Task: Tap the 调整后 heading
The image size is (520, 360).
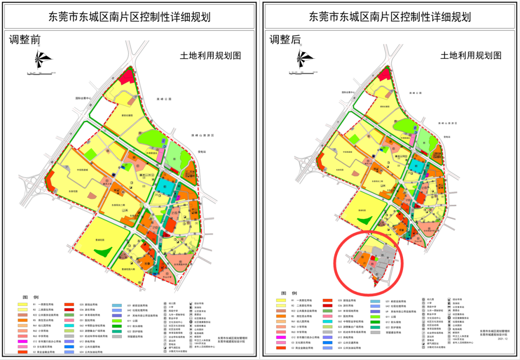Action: (x=285, y=40)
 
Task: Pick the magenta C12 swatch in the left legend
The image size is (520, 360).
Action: (x=23, y=341)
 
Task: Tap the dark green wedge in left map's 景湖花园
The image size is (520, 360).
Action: (x=103, y=252)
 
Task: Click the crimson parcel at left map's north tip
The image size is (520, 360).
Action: (x=126, y=77)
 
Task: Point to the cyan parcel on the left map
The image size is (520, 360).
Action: (x=162, y=186)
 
